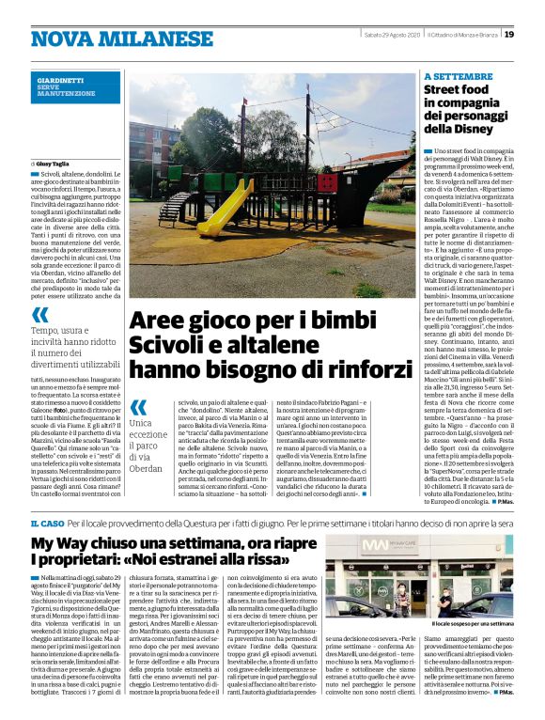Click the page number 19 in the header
click(x=508, y=35)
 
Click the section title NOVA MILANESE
click(x=109, y=39)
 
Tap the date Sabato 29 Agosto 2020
click(x=391, y=35)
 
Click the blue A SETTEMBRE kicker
click(x=459, y=76)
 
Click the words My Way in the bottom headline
click(x=67, y=544)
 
